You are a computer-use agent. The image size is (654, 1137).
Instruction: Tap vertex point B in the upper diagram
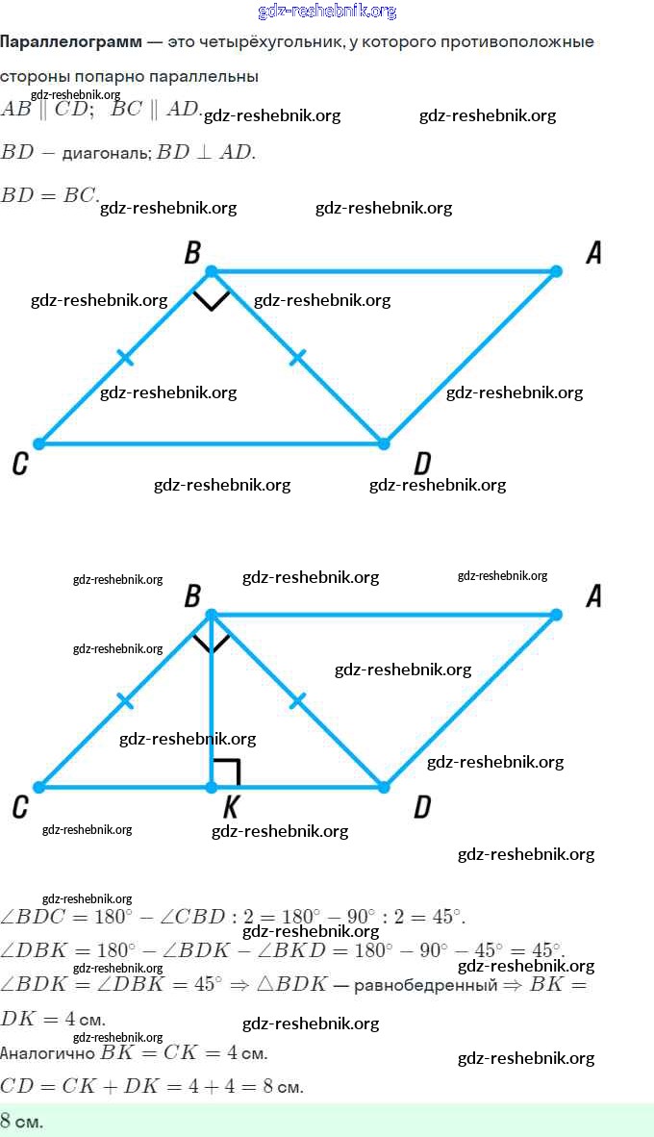tap(212, 271)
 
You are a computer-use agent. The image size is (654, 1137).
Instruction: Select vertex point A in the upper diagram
tap(556, 271)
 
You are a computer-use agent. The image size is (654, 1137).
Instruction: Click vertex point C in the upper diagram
tap(38, 443)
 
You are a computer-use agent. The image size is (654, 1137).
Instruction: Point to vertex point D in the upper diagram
tap(384, 443)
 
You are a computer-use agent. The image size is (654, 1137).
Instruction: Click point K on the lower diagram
tap(212, 787)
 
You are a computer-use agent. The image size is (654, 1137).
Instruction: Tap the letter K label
tap(230, 808)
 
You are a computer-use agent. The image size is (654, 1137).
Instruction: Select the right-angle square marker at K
tap(225, 772)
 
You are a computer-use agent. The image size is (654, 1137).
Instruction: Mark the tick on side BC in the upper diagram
tap(125, 358)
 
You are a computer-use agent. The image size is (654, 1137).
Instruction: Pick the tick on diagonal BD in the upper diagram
tap(297, 358)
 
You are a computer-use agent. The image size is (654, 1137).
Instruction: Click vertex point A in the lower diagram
tap(556, 614)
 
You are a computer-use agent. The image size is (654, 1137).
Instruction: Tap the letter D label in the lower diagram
tap(421, 808)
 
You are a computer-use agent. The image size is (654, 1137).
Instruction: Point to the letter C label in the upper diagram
tap(19, 466)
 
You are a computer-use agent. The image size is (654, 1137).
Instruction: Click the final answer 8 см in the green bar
tap(21, 1121)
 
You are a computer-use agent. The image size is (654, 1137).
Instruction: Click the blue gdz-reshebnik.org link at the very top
tap(327, 12)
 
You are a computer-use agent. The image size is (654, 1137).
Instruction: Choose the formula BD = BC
tap(49, 195)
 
